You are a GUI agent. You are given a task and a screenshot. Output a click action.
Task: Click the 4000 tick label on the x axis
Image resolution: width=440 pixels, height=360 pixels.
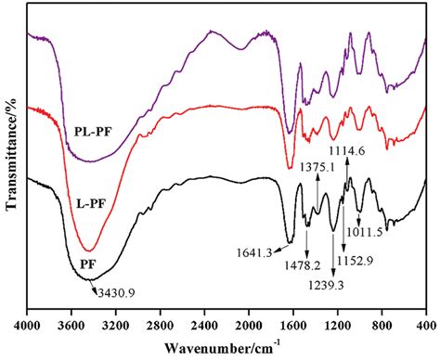[28, 326]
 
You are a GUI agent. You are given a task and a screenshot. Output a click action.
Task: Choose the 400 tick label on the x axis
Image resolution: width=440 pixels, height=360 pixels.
[424, 326]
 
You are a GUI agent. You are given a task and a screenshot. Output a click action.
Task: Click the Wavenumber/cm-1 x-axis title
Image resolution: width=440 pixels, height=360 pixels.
[227, 347]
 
